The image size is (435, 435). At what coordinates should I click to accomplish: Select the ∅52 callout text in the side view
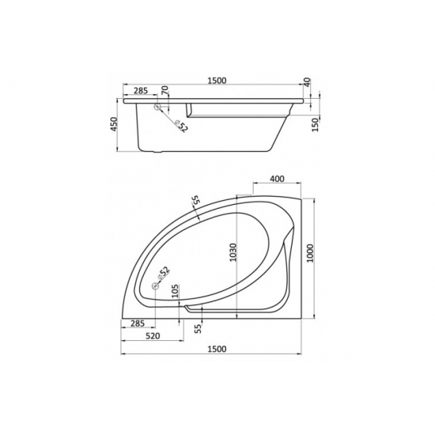(181, 125)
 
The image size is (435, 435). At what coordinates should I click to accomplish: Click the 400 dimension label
(276, 179)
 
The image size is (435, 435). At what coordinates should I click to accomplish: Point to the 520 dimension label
(154, 336)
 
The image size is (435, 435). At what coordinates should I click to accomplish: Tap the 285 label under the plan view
(138, 323)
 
